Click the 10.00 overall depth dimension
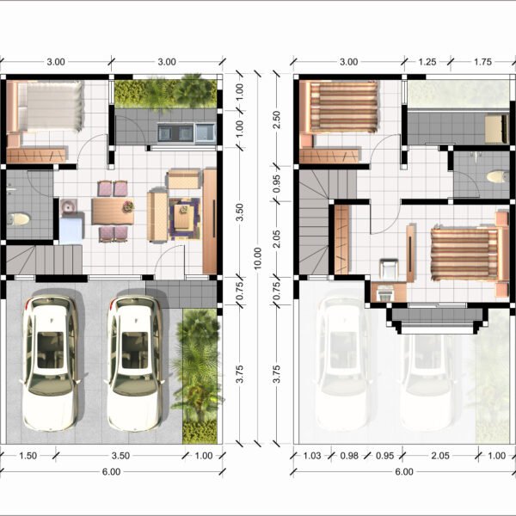click(x=258, y=258)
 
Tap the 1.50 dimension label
click(x=28, y=456)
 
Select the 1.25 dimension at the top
click(x=427, y=62)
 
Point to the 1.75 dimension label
click(x=482, y=62)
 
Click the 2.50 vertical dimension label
click(x=277, y=120)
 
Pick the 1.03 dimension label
click(x=311, y=456)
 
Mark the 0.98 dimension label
click(x=349, y=456)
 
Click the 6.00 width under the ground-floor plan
click(x=111, y=472)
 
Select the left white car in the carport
click(x=50, y=363)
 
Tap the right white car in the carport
click(x=134, y=363)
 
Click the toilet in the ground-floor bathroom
click(x=19, y=219)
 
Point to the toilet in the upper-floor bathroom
click(x=498, y=176)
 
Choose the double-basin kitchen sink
click(x=175, y=132)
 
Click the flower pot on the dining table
click(x=128, y=206)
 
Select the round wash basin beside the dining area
click(x=69, y=207)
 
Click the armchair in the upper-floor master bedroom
click(x=389, y=269)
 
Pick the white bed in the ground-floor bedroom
click(x=50, y=106)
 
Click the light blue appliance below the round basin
click(x=71, y=229)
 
